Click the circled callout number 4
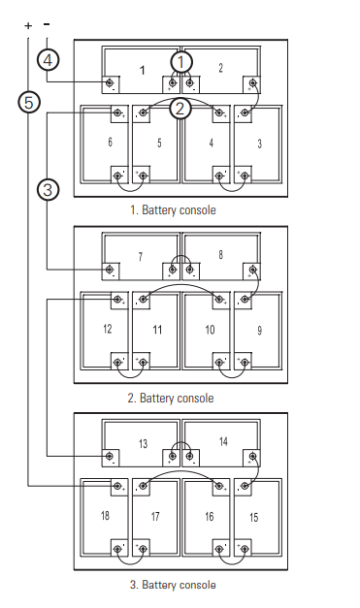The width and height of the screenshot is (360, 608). pos(49,60)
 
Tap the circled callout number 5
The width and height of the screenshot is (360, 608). pos(29,103)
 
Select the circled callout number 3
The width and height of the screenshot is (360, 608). pos(49,190)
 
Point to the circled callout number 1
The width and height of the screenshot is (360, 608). pos(181,62)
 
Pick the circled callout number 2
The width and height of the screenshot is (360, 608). pos(180,109)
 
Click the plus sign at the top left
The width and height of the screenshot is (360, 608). pos(28,26)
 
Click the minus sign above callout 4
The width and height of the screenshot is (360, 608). pos(47,24)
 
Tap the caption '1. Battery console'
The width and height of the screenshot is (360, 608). pos(173,210)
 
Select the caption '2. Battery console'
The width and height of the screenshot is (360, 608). pos(171,399)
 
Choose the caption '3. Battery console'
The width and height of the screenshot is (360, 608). pos(173,585)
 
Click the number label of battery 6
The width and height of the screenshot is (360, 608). pos(111,142)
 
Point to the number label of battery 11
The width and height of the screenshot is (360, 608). pos(157,330)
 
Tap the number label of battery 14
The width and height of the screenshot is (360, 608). pos(223,441)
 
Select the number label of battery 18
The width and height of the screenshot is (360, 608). pos(105,516)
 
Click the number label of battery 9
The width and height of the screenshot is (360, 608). pos(259,331)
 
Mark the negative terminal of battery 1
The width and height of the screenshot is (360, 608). pos(110,82)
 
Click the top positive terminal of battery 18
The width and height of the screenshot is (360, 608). pos(117,486)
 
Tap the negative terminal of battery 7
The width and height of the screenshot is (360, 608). pos(110,270)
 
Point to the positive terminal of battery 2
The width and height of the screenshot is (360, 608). pos(253,82)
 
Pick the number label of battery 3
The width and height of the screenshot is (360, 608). pos(259,144)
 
